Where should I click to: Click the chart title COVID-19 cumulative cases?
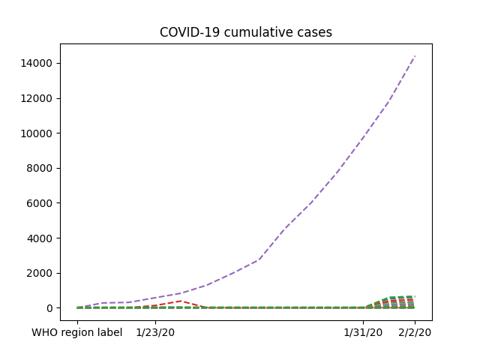[x=246, y=32]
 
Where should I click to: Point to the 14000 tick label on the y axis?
[x=36, y=63]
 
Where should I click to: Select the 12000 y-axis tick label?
[x=36, y=98]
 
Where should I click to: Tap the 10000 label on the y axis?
[x=36, y=133]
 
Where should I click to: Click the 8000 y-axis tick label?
[x=39, y=168]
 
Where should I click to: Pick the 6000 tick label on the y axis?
[x=39, y=203]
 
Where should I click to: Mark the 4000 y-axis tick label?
[x=39, y=238]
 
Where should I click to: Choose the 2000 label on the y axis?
[x=39, y=273]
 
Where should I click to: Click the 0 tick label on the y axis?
[x=49, y=308]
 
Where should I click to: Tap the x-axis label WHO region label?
[x=77, y=332]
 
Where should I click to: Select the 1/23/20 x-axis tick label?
[x=155, y=332]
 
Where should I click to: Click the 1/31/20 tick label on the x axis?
[x=363, y=332]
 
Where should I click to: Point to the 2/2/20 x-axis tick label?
[x=415, y=332]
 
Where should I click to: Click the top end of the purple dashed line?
[x=415, y=56]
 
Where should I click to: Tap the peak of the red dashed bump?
[x=181, y=301]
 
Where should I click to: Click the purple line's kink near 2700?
[x=259, y=260]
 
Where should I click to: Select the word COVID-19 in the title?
[x=190, y=32]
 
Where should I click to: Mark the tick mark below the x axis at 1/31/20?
[x=363, y=322]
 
